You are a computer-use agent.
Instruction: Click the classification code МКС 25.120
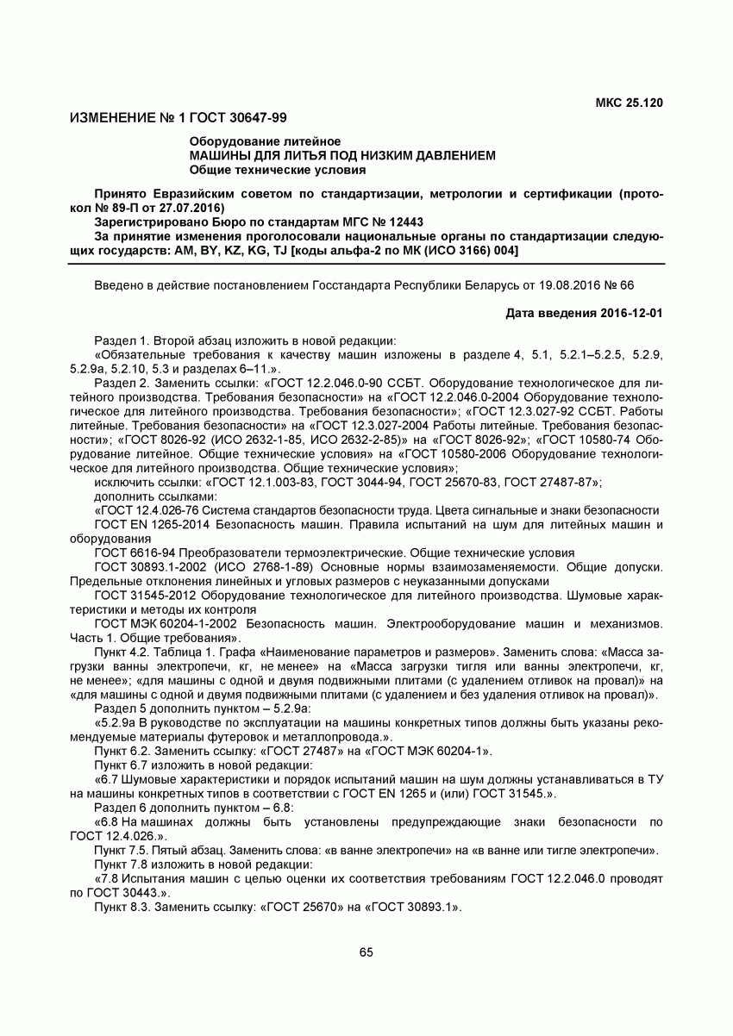(x=629, y=103)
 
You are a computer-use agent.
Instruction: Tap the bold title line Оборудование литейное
(x=265, y=141)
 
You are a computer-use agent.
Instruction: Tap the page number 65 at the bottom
(x=366, y=952)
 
